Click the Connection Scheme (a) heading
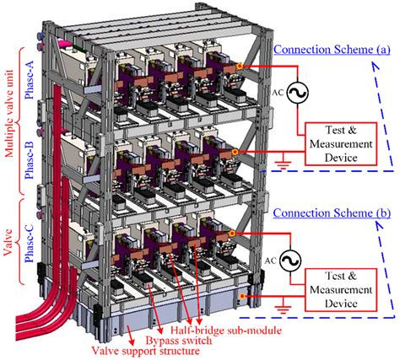pos(332,50)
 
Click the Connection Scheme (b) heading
pos(332,212)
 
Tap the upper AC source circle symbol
pos(297,93)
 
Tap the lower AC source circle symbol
pos(290,261)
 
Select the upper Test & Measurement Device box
pos(341,143)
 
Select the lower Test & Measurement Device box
pos(341,290)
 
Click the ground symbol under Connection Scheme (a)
pos(283,164)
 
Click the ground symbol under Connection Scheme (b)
pos(283,309)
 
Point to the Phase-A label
pos(29,79)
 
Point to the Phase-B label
pos(29,159)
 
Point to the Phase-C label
pos(29,243)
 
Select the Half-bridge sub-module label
pos(226,330)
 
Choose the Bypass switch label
pos(179,341)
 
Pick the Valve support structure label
pos(146,351)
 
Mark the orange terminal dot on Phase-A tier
pos(240,67)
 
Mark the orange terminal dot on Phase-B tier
pos(235,152)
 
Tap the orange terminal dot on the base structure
pos(242,296)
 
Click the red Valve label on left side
pos(8,242)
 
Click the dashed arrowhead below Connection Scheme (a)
pos(375,66)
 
